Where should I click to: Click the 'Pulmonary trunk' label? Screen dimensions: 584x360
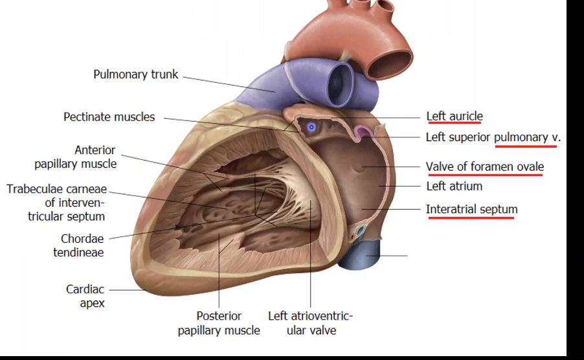(x=135, y=74)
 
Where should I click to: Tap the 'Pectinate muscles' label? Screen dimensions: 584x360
(x=109, y=117)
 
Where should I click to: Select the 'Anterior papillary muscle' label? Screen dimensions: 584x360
(x=76, y=157)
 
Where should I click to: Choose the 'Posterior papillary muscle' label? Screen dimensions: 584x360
(x=219, y=323)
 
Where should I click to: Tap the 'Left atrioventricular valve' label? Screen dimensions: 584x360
(x=311, y=323)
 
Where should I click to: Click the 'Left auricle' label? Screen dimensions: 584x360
(x=455, y=117)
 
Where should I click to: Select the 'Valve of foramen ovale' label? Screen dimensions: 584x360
(x=484, y=166)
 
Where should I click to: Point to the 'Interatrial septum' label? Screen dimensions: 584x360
(x=471, y=209)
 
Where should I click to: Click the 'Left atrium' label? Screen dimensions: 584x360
(x=454, y=186)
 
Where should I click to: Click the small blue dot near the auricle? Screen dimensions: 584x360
(x=311, y=127)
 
